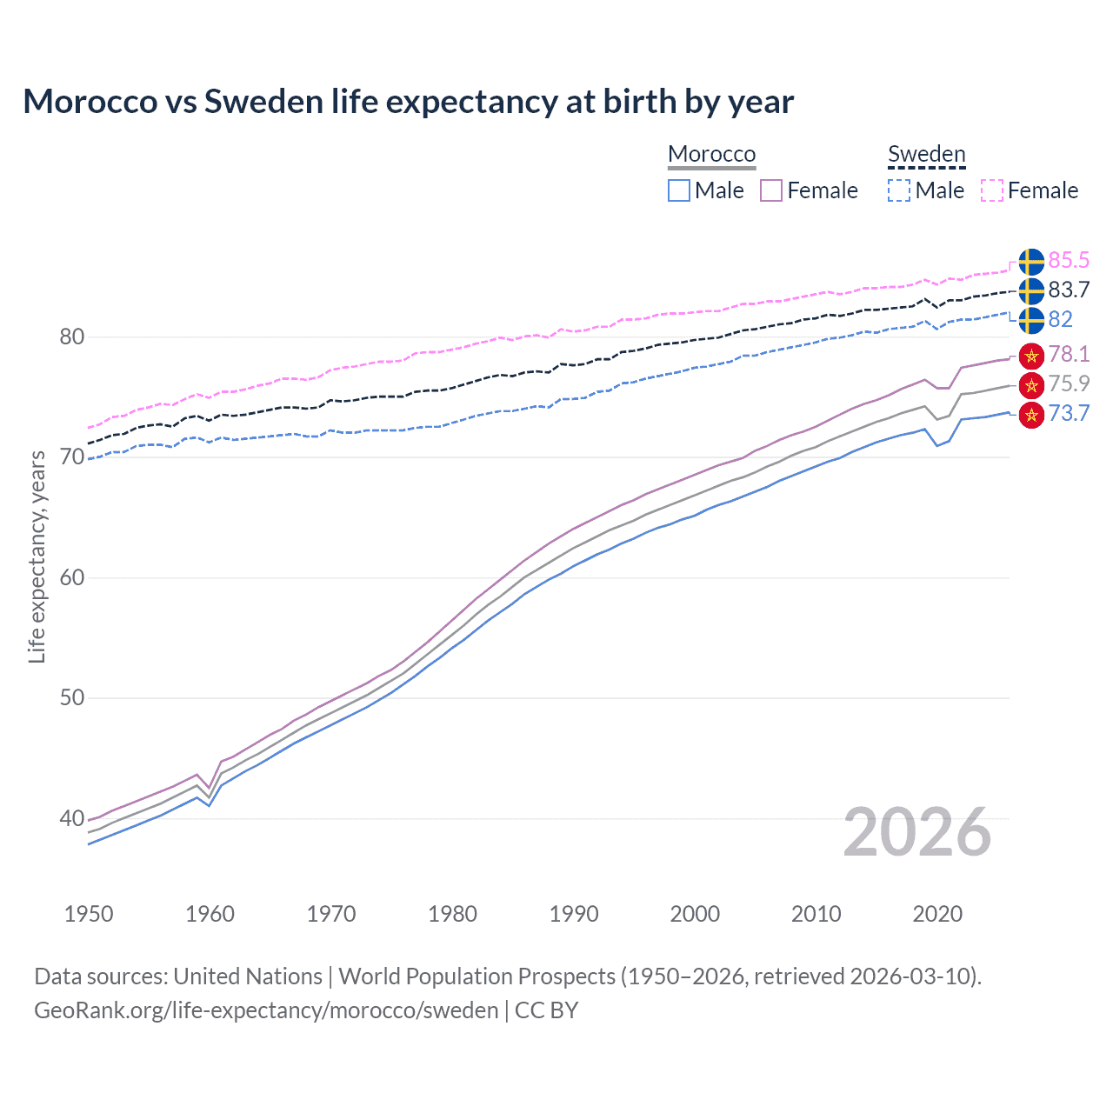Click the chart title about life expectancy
[x=408, y=102]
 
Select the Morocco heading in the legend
[x=711, y=154]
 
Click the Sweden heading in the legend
[x=926, y=154]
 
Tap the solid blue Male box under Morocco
[x=679, y=190]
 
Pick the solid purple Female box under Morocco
[x=771, y=190]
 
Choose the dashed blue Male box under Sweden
[x=899, y=190]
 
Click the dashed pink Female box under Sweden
[x=992, y=190]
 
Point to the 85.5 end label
[x=1069, y=260]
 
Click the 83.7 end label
[x=1069, y=290]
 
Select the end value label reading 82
[x=1060, y=319]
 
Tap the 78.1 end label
[x=1069, y=354]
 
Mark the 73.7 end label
[x=1069, y=413]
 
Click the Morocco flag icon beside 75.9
[x=1031, y=384]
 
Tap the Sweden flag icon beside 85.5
[x=1031, y=261]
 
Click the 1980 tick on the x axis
[x=452, y=914]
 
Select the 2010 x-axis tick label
[x=816, y=914]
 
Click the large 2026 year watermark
[x=917, y=832]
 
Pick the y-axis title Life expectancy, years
[x=37, y=556]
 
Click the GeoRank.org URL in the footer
[x=266, y=1010]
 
